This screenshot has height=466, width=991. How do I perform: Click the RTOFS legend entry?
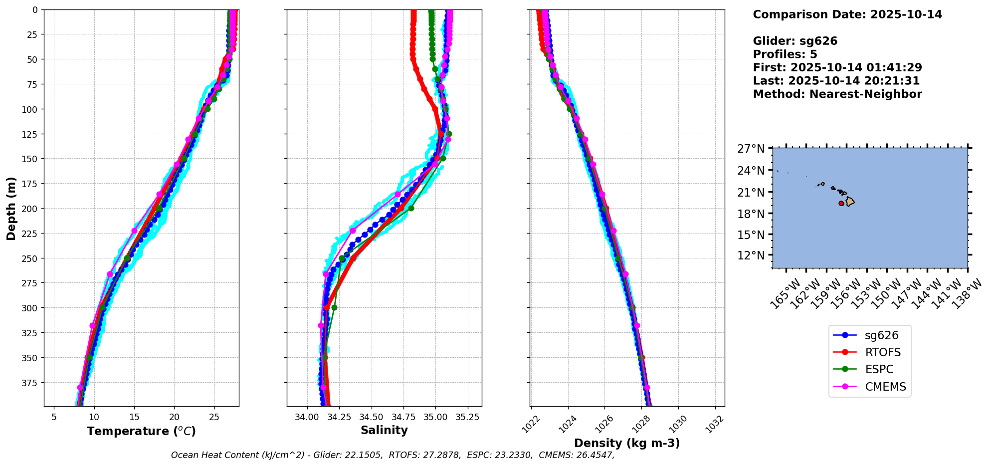[882, 352]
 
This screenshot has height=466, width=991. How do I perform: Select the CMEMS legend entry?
[885, 387]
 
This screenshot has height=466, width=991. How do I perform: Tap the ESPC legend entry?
[879, 369]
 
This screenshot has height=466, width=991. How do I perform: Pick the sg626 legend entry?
[881, 335]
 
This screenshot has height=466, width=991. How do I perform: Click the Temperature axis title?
[141, 431]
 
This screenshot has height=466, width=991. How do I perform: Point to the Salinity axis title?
[384, 430]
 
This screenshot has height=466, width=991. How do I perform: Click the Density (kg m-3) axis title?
[627, 443]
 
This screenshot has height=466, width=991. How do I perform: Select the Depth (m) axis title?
[11, 208]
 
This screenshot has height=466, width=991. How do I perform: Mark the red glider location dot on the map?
[841, 204]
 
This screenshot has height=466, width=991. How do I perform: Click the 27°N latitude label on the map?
[751, 149]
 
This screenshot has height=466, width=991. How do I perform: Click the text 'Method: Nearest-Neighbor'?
[837, 94]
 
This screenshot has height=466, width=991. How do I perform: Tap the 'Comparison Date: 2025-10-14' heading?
[847, 14]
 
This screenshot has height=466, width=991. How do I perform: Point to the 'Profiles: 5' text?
[785, 54]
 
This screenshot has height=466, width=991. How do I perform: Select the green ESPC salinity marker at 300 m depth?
[334, 307]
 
